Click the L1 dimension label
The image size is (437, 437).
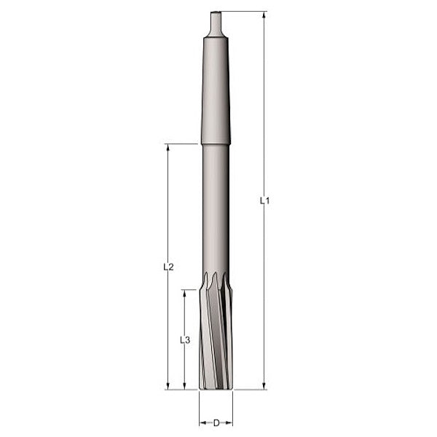(x=265, y=200)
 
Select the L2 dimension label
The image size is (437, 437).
(x=168, y=267)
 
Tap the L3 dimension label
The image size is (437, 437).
(x=184, y=339)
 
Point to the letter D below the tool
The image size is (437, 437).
(x=216, y=422)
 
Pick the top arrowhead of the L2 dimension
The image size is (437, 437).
(x=168, y=148)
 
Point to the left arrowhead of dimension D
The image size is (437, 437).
(x=202, y=422)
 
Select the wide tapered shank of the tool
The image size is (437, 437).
(x=216, y=87)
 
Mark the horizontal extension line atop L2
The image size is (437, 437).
(x=182, y=143)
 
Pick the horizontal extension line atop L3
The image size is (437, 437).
(x=190, y=290)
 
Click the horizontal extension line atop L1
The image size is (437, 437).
(x=244, y=12)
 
